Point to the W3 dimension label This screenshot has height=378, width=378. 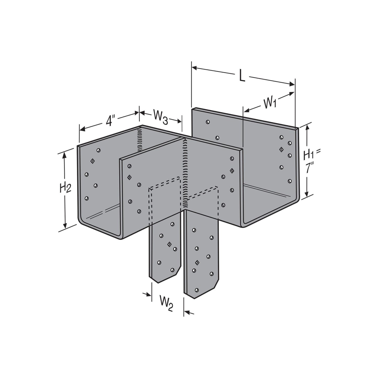(x=161, y=117)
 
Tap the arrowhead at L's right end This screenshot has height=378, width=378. (x=292, y=84)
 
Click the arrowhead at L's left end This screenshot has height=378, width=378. (x=194, y=68)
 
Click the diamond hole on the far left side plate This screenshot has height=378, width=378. (x=92, y=161)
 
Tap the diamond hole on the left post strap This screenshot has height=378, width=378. (x=169, y=244)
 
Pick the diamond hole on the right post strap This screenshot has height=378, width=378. (x=197, y=263)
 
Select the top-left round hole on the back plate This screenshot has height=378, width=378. (x=208, y=122)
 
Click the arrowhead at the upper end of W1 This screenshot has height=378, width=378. (x=292, y=93)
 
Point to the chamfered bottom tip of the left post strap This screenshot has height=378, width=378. (x=158, y=283)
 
